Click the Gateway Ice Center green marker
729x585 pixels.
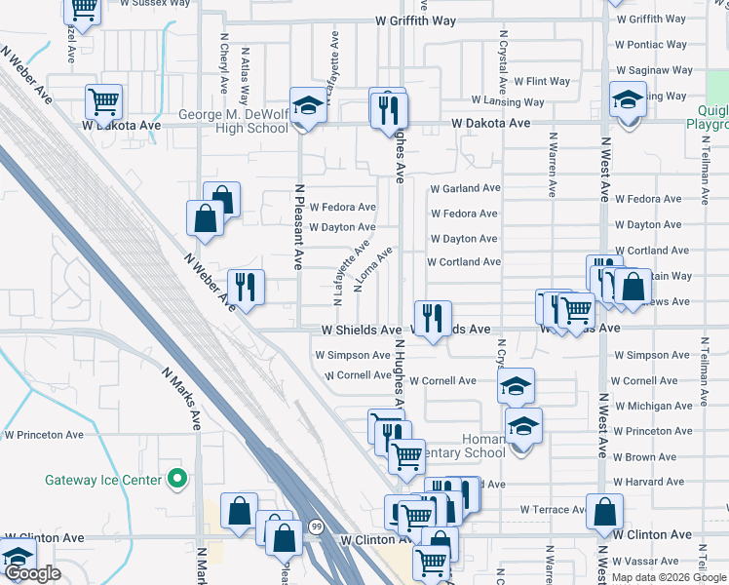tap(176, 479)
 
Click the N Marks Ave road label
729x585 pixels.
tap(182, 399)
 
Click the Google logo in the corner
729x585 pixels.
tap(33, 573)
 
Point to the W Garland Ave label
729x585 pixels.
tap(465, 188)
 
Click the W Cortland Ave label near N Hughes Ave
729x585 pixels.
tap(464, 262)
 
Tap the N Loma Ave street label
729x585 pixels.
tap(374, 269)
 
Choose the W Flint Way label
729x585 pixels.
tap(542, 82)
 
